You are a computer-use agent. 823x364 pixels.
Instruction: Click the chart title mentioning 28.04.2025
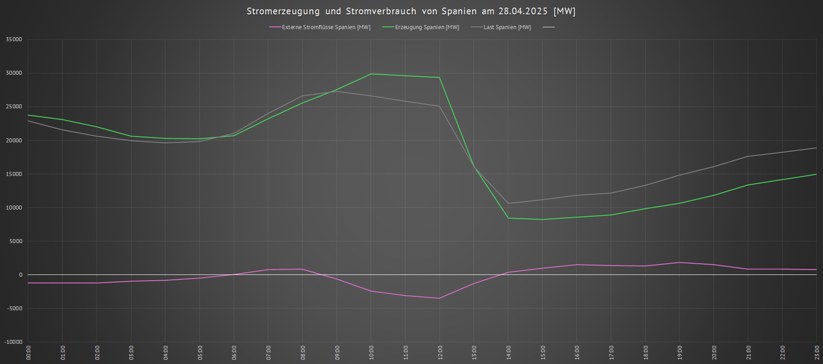point(411,11)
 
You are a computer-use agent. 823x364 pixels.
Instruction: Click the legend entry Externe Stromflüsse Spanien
point(326,27)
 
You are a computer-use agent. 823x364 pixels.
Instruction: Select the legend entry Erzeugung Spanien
point(426,27)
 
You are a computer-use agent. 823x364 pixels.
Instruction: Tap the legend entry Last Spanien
point(507,27)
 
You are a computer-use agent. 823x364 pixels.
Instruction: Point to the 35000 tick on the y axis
point(14,39)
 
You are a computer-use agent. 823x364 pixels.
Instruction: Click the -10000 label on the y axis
point(13,342)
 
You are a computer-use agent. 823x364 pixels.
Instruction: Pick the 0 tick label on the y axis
point(20,274)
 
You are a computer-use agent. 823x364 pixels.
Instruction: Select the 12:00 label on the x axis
point(440,352)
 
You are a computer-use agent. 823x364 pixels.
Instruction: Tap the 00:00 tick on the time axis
point(29,352)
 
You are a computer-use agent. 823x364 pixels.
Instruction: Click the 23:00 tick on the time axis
point(817,352)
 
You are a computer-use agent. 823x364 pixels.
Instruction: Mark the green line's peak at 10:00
point(371,74)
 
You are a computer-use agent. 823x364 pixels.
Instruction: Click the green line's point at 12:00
point(439,77)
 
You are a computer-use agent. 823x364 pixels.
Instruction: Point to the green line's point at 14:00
point(508,218)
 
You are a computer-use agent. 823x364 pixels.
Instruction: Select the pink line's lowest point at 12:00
point(439,298)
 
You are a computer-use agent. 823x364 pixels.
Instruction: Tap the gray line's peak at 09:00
point(337,91)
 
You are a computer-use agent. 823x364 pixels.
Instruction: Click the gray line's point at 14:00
point(508,203)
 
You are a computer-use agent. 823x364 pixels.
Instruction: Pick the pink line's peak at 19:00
point(680,262)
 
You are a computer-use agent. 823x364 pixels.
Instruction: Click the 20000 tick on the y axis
point(14,140)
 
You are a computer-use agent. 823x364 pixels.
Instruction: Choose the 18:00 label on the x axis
point(646,352)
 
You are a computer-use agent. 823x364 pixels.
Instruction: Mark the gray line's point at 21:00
point(748,156)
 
